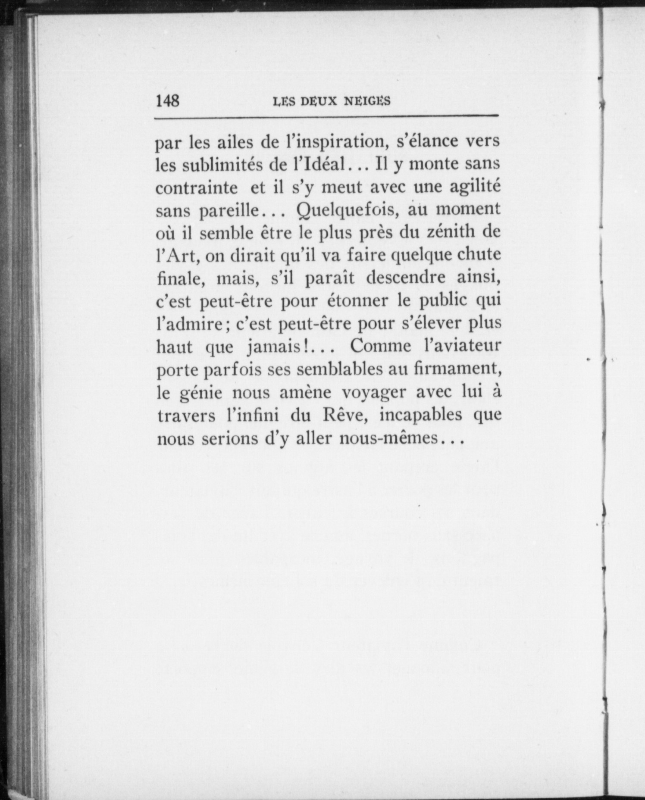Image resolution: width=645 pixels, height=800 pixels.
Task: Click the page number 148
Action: click(x=167, y=101)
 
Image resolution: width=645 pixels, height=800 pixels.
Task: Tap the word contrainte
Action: click(x=197, y=188)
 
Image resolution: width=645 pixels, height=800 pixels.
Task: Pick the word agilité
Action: click(x=475, y=187)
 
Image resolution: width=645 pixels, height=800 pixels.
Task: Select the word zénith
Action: click(x=449, y=233)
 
